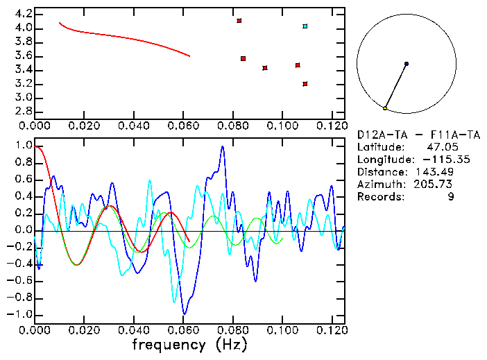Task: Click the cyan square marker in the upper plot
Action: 305,26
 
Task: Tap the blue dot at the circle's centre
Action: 406,64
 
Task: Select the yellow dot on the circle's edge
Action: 385,108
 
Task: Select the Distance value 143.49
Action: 434,172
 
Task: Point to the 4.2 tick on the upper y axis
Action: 23,14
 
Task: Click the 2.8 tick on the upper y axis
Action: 23,112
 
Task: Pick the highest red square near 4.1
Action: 239,21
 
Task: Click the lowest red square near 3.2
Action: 305,84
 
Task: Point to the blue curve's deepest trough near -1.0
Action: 184,314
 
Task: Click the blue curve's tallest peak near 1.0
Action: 222,146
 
